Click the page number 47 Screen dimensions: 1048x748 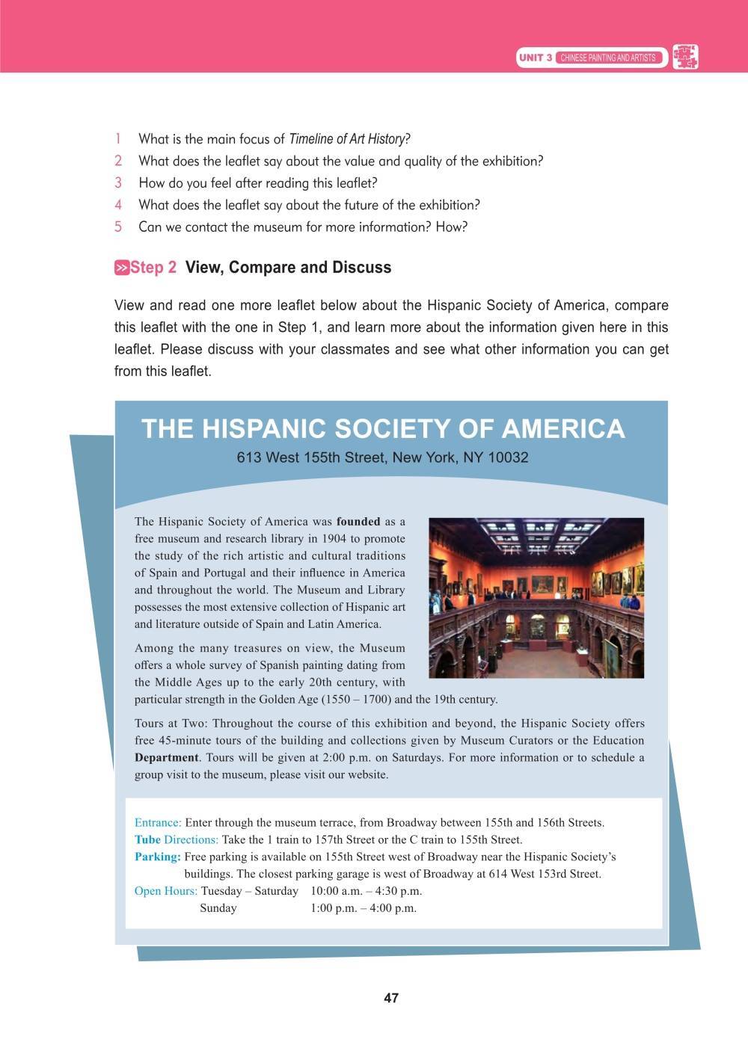coord(390,998)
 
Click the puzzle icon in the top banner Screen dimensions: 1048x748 coord(685,57)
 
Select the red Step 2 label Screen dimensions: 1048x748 coord(154,268)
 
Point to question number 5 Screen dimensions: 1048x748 coord(118,227)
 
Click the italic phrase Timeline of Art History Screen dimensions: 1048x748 coord(346,139)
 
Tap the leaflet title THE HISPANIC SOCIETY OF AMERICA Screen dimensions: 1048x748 coord(382,428)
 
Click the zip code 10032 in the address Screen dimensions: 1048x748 coord(507,457)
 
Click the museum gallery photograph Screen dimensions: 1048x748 coord(536,597)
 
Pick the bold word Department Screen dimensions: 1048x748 coord(167,757)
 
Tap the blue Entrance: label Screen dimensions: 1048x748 coord(158,822)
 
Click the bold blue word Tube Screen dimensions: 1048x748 coord(147,839)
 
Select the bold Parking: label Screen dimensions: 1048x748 coord(158,857)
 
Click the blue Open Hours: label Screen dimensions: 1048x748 coord(166,891)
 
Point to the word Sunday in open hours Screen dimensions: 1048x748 coord(218,908)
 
